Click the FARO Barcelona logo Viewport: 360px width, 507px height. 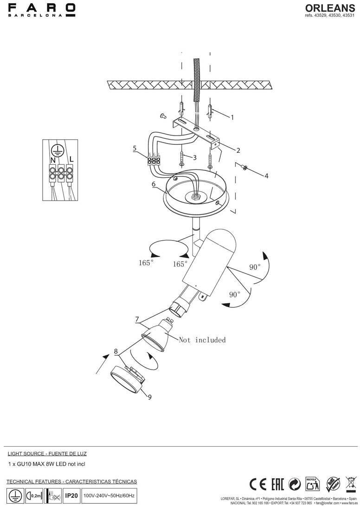pyautogui.click(x=42, y=10)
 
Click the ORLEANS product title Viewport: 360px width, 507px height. pyautogui.click(x=330, y=8)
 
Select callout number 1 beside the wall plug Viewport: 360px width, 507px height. pyautogui.click(x=232, y=117)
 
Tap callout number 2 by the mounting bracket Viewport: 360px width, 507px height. pyautogui.click(x=238, y=150)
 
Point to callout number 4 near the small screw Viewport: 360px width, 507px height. pyautogui.click(x=266, y=176)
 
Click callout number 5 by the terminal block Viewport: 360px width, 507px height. pyautogui.click(x=135, y=149)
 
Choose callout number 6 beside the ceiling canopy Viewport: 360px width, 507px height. pyautogui.click(x=154, y=184)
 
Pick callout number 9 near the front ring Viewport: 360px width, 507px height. pyautogui.click(x=149, y=397)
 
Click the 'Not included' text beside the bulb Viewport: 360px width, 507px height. pyautogui.click(x=202, y=340)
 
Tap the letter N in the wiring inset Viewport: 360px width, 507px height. pyautogui.click(x=53, y=159)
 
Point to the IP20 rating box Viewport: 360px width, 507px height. pyautogui.click(x=71, y=496)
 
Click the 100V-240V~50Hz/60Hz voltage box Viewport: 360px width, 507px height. pyautogui.click(x=109, y=496)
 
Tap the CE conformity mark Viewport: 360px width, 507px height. pyautogui.click(x=257, y=484)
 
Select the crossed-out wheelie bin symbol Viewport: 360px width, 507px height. pyautogui.click(x=351, y=484)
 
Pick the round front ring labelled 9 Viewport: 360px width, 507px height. pyautogui.click(x=127, y=379)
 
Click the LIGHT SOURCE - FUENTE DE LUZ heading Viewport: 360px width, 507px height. pyautogui.click(x=47, y=454)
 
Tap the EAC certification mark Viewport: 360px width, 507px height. pyautogui.click(x=277, y=484)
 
